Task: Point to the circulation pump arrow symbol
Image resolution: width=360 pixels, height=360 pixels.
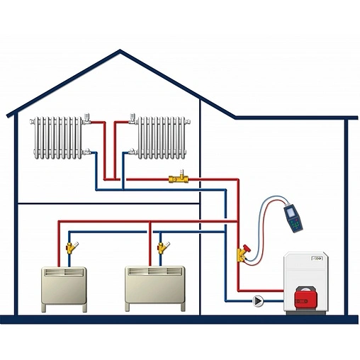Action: [x=259, y=301]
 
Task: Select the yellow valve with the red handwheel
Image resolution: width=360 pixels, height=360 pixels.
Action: [x=242, y=252]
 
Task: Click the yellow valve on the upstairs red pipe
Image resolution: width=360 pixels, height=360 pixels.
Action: [x=179, y=179]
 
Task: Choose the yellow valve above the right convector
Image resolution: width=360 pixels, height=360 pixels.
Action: [x=163, y=248]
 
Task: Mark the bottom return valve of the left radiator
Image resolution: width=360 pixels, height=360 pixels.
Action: [x=88, y=152]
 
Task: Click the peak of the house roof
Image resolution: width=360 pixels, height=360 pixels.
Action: [x=120, y=51]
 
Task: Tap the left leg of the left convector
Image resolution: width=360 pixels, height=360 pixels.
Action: [x=44, y=308]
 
